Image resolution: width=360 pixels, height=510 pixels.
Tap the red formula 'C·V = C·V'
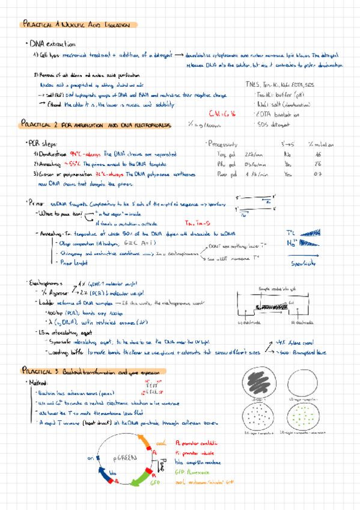pos(222,114)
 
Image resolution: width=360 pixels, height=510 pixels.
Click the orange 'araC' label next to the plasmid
pos(160,444)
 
